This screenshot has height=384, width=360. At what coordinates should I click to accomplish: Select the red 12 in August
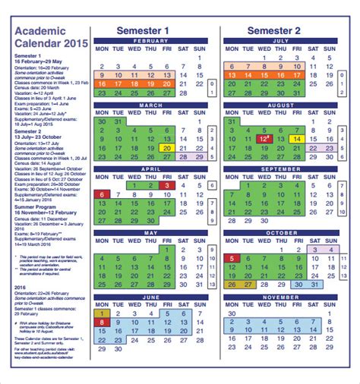tap(264, 139)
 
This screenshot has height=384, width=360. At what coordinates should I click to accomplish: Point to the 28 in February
tap(184, 93)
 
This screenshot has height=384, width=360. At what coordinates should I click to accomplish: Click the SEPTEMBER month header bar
tap(281, 169)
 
